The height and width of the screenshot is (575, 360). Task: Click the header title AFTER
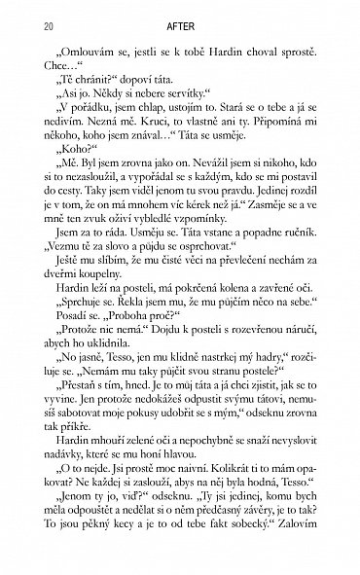(179, 31)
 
